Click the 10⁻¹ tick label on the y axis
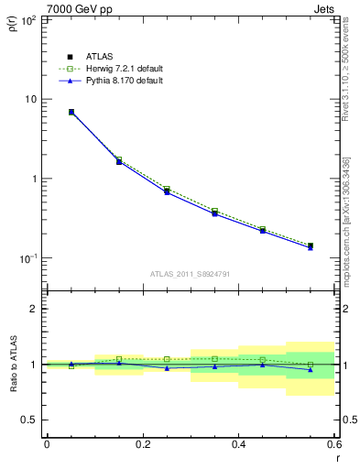tap(28, 258)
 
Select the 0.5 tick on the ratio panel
tap(28, 420)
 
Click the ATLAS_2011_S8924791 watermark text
tap(190, 273)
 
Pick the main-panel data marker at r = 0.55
tap(311, 246)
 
